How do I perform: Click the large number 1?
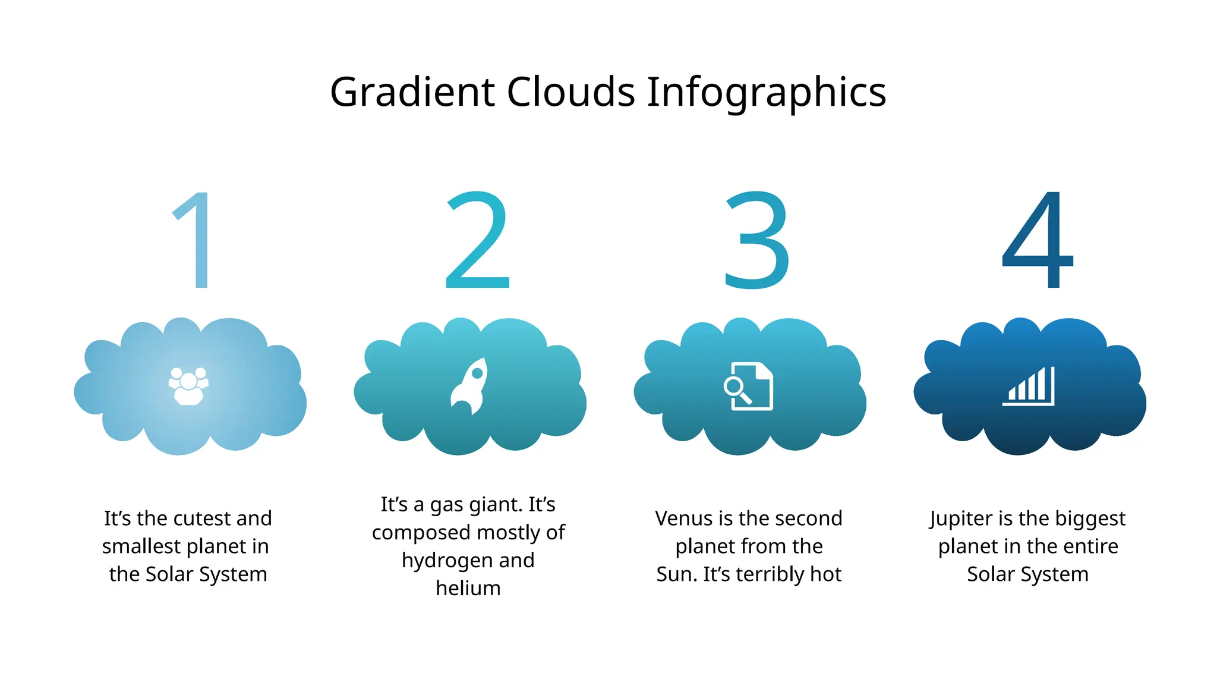tap(193, 240)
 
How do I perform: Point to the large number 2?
tap(477, 240)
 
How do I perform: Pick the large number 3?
tap(757, 240)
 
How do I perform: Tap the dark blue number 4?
tap(1038, 240)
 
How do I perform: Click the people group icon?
tap(188, 386)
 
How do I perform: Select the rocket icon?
tap(470, 386)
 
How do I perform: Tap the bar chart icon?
tap(1029, 386)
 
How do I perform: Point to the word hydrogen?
tap(438, 561)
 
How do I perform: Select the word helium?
tap(468, 588)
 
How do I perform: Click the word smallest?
tap(140, 546)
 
